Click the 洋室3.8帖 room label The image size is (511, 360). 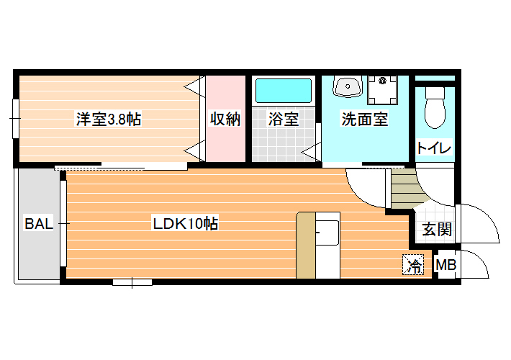click(109, 119)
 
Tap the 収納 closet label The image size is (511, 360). click(225, 119)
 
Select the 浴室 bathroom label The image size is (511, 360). click(283, 119)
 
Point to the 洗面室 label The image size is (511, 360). click(365, 119)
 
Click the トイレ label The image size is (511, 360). click(434, 148)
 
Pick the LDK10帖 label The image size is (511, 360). click(186, 224)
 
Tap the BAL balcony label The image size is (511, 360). click(39, 224)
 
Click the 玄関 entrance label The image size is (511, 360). click(437, 229)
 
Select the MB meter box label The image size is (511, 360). click(446, 265)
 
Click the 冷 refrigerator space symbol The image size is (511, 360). click(413, 264)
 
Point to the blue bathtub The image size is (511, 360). click(283, 90)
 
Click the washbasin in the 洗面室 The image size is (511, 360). click(348, 86)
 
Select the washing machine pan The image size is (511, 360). click(383, 90)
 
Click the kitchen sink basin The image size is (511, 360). click(328, 233)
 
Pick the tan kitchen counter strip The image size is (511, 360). click(306, 246)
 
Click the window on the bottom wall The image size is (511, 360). click(132, 282)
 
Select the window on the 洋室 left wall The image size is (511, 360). click(15, 118)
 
